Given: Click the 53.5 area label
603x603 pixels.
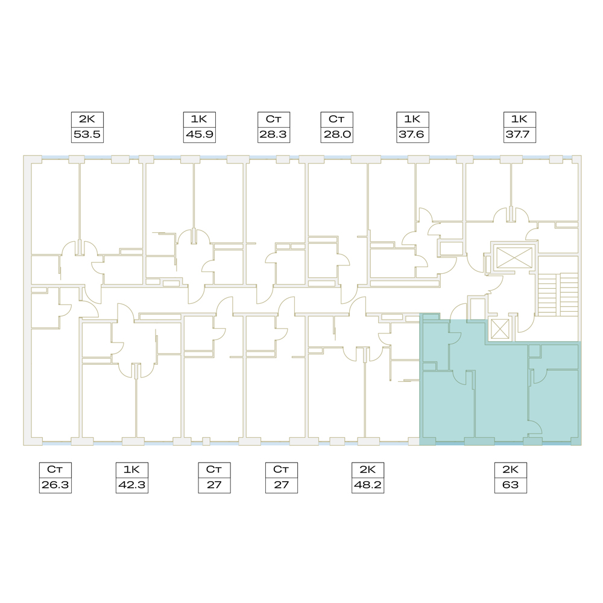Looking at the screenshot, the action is tap(87, 134).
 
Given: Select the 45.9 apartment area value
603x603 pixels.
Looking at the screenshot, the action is tap(199, 134).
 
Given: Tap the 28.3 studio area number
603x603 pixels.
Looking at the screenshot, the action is tap(273, 134).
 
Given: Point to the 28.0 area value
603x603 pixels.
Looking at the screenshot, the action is tap(337, 134).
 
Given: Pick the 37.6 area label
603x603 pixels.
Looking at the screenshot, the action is tap(412, 134).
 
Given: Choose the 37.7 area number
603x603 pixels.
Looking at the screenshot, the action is tap(520, 134).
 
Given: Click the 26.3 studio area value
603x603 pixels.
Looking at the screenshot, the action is tap(55, 485).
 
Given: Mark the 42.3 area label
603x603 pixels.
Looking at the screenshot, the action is tap(132, 485).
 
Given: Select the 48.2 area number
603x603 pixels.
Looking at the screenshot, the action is tap(368, 485).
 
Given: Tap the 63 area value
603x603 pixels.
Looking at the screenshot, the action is tap(510, 485).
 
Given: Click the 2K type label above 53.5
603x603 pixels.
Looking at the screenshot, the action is tap(87, 119).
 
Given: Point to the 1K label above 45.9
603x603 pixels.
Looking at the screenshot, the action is tap(199, 119).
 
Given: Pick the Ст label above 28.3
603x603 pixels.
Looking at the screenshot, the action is tap(273, 119).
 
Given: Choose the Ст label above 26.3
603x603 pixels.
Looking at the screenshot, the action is tap(55, 470).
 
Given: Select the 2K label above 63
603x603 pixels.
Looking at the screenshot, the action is tap(510, 470).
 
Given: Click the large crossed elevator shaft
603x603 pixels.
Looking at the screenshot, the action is tap(514, 257).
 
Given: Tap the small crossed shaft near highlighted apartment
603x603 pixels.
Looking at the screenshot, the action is tap(500, 329).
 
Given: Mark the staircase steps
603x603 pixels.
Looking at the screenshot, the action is tap(558, 295).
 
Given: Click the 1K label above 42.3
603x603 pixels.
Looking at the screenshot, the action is tap(132, 470).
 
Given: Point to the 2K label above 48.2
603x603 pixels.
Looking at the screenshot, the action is tap(368, 470).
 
